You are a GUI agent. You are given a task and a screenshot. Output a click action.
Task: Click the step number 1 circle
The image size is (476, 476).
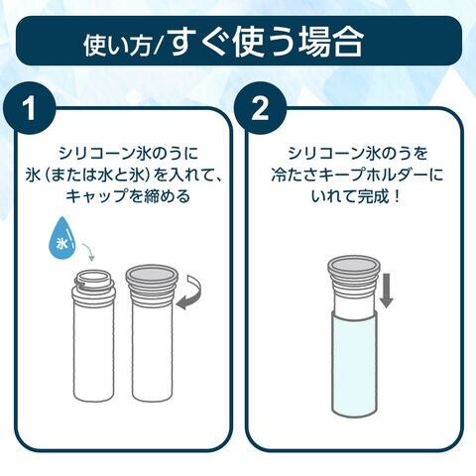(30, 108)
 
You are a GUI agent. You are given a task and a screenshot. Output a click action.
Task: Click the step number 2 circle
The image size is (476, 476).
(260, 108)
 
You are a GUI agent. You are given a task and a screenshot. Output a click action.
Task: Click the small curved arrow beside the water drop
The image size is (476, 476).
(88, 252)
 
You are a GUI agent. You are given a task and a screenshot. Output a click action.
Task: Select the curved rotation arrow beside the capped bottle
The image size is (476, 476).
(191, 293)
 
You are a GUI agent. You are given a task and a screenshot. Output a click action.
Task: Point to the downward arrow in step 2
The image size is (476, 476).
(386, 291)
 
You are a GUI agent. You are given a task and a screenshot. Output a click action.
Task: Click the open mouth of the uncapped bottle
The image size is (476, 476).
(94, 277)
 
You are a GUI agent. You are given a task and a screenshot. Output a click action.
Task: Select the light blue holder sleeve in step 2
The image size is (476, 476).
(354, 364)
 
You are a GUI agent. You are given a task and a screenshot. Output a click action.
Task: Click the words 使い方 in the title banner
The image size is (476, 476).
(118, 47)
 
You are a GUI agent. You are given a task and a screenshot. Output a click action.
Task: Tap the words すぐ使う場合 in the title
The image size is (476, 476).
(267, 43)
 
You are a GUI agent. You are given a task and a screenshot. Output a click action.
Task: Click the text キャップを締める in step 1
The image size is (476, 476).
(128, 196)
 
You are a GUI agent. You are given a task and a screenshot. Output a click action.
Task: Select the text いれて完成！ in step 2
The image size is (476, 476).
(356, 197)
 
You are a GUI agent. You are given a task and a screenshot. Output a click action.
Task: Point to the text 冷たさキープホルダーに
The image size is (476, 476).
(357, 176)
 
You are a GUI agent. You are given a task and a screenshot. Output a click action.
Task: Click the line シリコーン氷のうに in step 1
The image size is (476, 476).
(128, 154)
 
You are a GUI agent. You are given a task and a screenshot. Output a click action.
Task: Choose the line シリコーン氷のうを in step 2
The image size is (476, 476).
(358, 154)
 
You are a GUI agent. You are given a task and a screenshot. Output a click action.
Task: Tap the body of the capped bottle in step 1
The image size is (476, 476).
(152, 350)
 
